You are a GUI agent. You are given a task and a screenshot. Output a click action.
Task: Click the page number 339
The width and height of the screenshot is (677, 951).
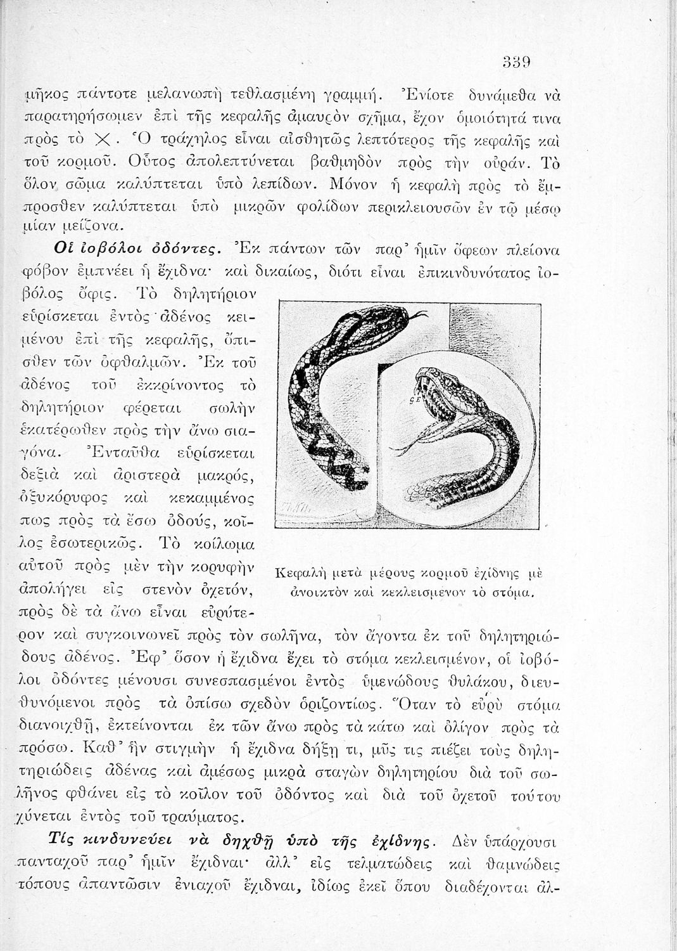point(516,61)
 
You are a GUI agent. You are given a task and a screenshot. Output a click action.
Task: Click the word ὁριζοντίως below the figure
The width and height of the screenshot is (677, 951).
point(372,705)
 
